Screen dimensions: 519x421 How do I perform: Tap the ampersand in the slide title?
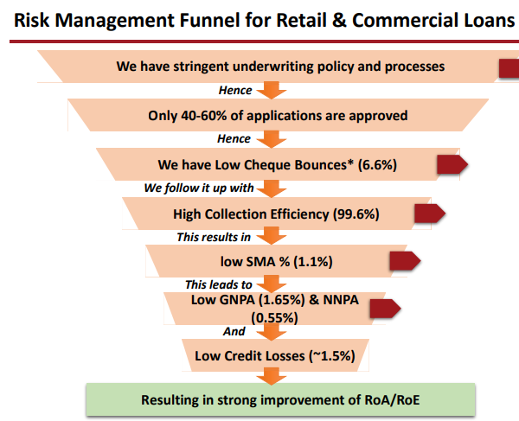[x=339, y=20]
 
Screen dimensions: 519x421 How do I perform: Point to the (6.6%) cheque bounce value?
[x=377, y=165]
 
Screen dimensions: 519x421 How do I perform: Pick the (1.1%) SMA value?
[x=313, y=262]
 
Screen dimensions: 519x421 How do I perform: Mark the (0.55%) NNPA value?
[x=274, y=318]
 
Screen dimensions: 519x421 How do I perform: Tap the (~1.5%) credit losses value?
[x=332, y=356]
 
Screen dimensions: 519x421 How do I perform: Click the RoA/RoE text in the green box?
[x=392, y=400]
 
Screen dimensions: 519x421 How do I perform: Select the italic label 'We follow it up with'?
[x=199, y=188]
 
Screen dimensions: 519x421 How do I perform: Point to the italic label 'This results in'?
[x=214, y=237]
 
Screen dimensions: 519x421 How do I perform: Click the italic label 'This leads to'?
[x=219, y=284]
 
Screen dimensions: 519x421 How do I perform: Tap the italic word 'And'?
[x=234, y=331]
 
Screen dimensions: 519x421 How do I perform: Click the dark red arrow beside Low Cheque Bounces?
[x=452, y=164]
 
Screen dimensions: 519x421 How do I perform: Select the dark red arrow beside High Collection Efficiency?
[x=430, y=214]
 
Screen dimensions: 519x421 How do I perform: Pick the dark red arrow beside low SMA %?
[x=405, y=261]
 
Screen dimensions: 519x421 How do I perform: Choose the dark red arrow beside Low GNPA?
[x=385, y=309]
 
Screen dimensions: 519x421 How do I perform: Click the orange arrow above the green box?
[x=272, y=376]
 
